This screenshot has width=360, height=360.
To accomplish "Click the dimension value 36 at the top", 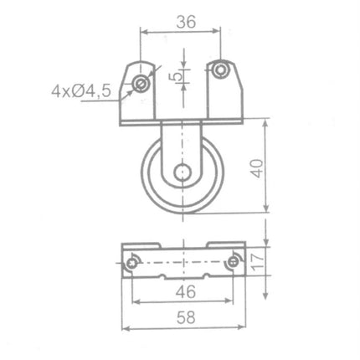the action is point(186,22).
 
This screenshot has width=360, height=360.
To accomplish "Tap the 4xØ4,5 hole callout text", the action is point(81,91).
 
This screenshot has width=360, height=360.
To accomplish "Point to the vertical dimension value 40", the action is point(257,168).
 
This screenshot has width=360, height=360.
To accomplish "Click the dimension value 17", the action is point(257,261).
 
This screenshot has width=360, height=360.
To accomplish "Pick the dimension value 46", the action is point(186,291).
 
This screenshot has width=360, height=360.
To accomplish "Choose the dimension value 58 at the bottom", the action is point(186,317).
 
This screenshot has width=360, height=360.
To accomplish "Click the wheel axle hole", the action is point(183,172).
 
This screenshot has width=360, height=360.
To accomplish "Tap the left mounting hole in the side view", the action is point(140,84).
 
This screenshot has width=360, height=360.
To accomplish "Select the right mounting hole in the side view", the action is point(220,69).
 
